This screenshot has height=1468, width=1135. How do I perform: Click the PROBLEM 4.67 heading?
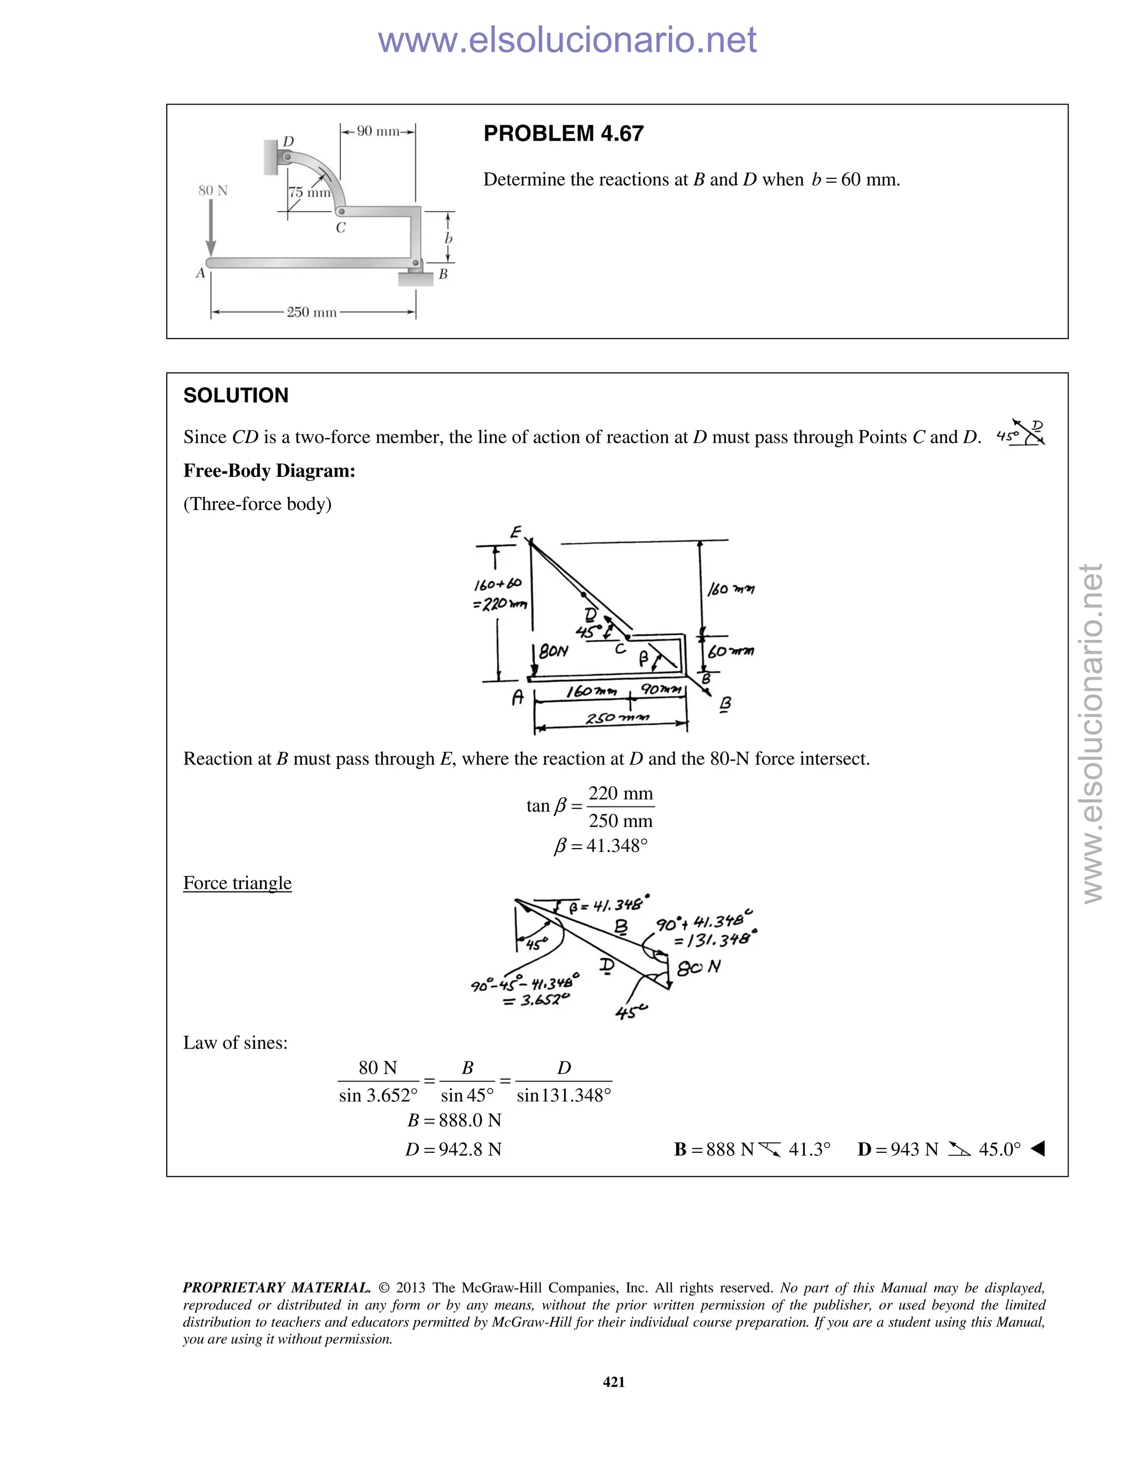[x=564, y=134]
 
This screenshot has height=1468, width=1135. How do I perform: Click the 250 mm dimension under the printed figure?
[x=311, y=312]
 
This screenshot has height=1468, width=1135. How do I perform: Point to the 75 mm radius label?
[x=309, y=193]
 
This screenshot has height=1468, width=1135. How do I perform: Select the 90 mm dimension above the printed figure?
[x=378, y=131]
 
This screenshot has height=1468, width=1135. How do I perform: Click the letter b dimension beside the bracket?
[x=448, y=239]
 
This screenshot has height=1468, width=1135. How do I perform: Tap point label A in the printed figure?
[x=200, y=273]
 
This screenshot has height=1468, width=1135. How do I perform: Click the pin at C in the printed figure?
[x=341, y=211]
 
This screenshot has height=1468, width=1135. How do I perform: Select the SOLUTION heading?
[x=236, y=395]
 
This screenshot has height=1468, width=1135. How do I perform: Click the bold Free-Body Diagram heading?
[x=269, y=470]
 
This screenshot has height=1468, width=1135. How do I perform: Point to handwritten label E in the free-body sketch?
[x=516, y=532]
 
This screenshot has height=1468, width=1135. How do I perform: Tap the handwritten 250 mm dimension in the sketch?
[x=617, y=718]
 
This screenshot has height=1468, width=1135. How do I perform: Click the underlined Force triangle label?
[x=237, y=882]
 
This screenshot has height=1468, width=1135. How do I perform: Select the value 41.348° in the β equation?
[x=617, y=845]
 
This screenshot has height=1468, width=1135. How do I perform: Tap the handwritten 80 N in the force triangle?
[x=699, y=968]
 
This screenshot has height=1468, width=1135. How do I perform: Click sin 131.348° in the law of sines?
[x=564, y=1096]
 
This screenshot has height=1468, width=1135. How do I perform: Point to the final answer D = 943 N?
[x=898, y=1149]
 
